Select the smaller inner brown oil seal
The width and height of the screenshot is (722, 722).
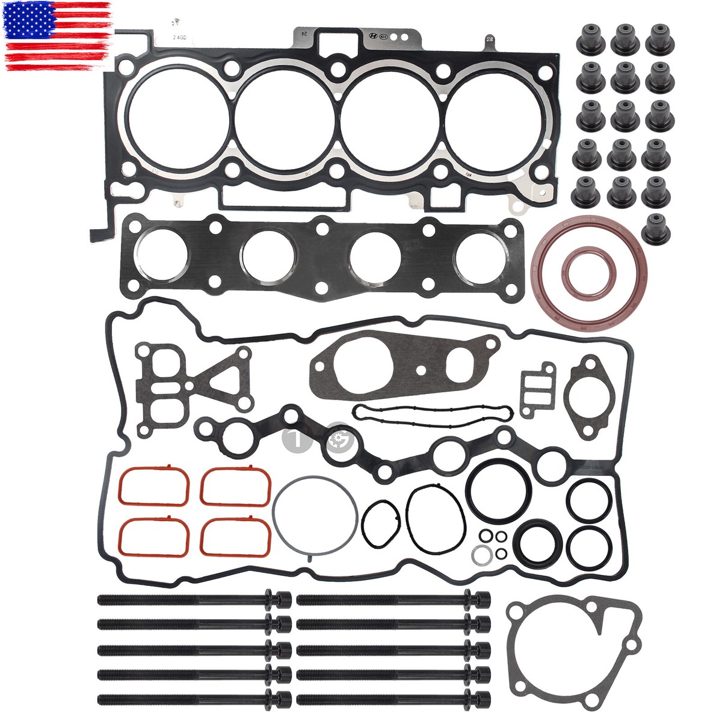pos(589,274)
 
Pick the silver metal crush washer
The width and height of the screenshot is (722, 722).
pos(480,553)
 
